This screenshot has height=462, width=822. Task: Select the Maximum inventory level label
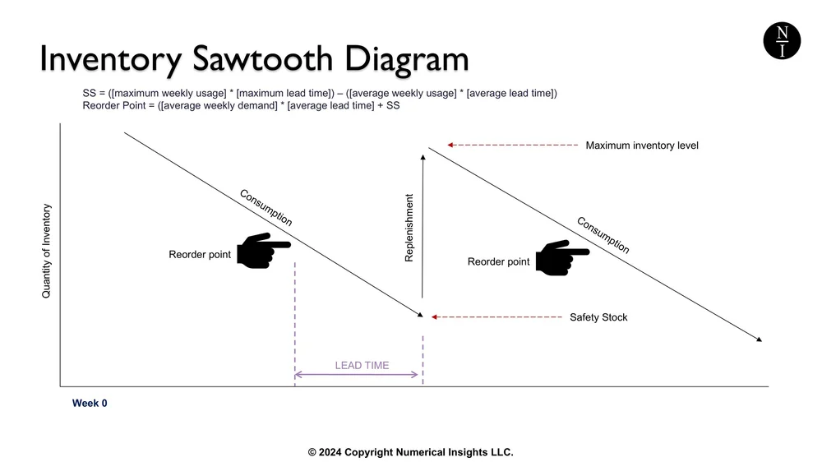tap(641, 146)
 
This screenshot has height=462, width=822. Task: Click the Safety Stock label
tap(598, 317)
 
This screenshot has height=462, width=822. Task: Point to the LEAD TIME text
tap(362, 365)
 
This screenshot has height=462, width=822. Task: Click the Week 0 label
tap(90, 404)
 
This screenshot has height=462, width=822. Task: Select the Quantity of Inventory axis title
tap(47, 251)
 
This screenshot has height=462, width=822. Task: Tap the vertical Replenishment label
tap(409, 228)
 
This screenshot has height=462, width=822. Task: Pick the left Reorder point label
tap(200, 255)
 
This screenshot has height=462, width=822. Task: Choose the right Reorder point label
tap(499, 262)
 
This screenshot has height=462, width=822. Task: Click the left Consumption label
tap(266, 208)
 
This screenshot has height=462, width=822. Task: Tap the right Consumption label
tap(603, 235)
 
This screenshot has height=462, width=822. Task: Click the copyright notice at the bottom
tap(410, 452)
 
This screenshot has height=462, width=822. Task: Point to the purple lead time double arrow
tap(357, 375)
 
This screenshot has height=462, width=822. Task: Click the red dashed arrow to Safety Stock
tap(493, 316)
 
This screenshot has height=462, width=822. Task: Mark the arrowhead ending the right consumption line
tap(759, 339)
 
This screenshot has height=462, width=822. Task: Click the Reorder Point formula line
tap(241, 106)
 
